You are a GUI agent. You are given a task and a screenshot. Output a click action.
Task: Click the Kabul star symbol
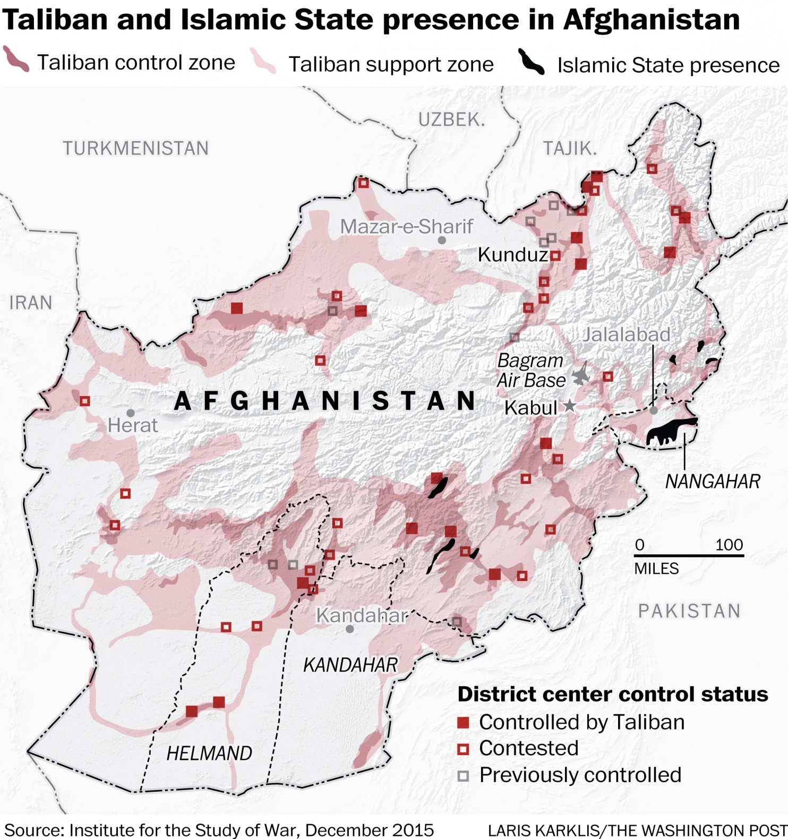pyautogui.click(x=569, y=406)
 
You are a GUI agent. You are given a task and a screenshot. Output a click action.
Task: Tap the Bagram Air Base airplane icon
pyautogui.click(x=581, y=375)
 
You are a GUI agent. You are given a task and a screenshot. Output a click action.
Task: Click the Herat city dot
pyautogui.click(x=131, y=413)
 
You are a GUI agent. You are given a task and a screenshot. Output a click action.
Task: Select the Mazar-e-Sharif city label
pyautogui.click(x=406, y=227)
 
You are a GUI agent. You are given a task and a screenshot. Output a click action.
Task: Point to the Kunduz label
pyautogui.click(x=512, y=255)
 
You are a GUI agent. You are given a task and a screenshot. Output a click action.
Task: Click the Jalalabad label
pyautogui.click(x=627, y=335)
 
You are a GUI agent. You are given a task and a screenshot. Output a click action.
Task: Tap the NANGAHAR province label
pyautogui.click(x=713, y=482)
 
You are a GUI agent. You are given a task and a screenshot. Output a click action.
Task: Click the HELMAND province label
pyautogui.click(x=209, y=753)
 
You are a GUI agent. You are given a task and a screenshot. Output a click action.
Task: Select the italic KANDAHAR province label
pyautogui.click(x=350, y=665)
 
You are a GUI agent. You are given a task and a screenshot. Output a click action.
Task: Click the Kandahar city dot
pyautogui.click(x=349, y=629)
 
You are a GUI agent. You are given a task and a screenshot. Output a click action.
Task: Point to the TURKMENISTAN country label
pyautogui.click(x=136, y=148)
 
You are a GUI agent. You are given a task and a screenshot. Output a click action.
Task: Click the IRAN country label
pyautogui.click(x=31, y=303)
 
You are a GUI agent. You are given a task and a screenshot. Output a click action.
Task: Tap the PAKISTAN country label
pyautogui.click(x=689, y=611)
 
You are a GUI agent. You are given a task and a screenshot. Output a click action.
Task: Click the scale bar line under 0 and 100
pyautogui.click(x=689, y=555)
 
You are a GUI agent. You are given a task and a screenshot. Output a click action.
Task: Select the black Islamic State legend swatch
pyautogui.click(x=531, y=63)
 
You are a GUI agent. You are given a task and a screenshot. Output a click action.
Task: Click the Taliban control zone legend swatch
pyautogui.click(x=16, y=59)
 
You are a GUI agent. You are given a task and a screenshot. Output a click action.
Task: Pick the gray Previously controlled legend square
pyautogui.click(x=463, y=776)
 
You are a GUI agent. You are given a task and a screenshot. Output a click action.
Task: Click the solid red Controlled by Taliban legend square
pyautogui.click(x=463, y=722)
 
